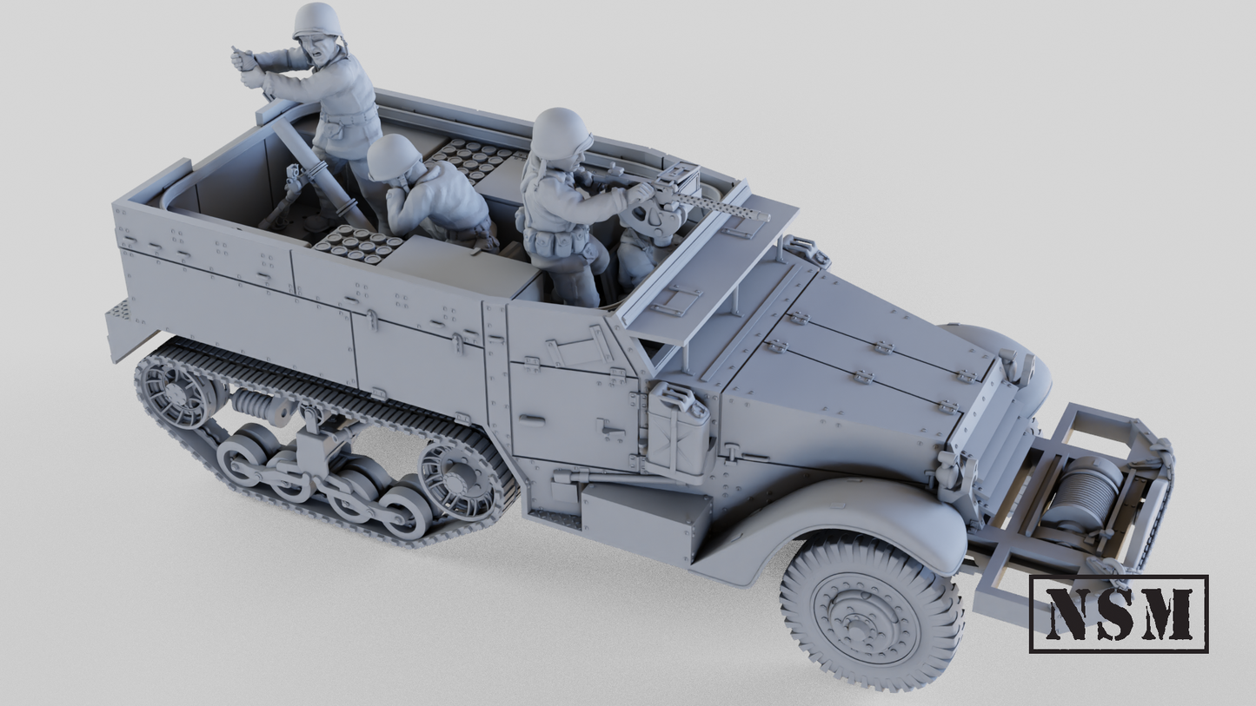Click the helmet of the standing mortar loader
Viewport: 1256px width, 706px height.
[316, 20]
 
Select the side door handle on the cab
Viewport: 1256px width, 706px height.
[612, 426]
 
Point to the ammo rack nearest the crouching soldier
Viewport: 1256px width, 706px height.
[356, 244]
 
